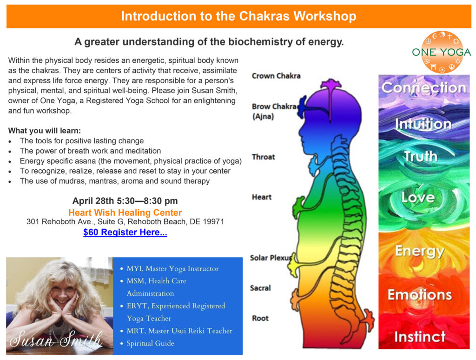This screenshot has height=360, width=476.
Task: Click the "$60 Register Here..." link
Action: pyautogui.click(x=125, y=233)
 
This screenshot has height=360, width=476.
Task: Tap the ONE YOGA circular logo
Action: pyautogui.click(x=441, y=52)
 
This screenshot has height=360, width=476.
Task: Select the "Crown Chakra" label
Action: pyautogui.click(x=276, y=75)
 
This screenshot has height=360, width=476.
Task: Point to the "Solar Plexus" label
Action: pyautogui.click(x=271, y=258)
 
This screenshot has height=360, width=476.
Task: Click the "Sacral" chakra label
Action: pyautogui.click(x=260, y=288)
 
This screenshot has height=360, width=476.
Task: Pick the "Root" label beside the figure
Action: pyautogui.click(x=260, y=318)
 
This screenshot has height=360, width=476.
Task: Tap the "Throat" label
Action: pyautogui.click(x=263, y=157)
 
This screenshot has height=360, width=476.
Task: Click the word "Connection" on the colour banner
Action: pyautogui.click(x=423, y=87)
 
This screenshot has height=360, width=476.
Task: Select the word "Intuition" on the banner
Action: pyautogui.click(x=423, y=124)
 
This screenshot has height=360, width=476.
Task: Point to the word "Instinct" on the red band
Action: pyautogui.click(x=420, y=336)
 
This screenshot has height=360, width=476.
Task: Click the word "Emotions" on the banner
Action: pyautogui.click(x=420, y=294)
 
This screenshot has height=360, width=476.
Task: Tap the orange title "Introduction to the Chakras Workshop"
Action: pyautogui.click(x=238, y=17)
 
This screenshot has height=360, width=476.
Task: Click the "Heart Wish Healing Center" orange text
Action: pyautogui.click(x=125, y=213)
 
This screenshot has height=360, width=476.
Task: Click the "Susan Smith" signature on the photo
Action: pyautogui.click(x=55, y=341)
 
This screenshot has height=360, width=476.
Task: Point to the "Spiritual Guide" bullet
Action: pyautogui.click(x=150, y=343)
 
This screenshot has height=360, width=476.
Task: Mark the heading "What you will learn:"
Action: pyautogui.click(x=45, y=131)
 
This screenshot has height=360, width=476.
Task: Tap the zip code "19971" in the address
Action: pyautogui.click(x=214, y=222)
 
